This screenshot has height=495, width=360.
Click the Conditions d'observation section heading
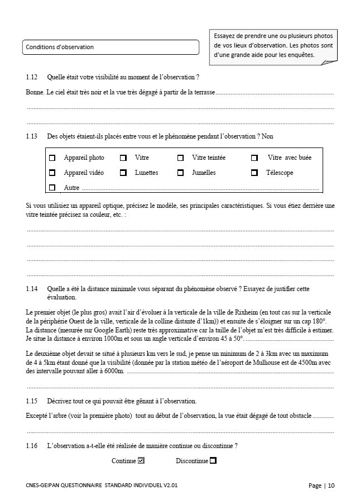(x=60, y=47)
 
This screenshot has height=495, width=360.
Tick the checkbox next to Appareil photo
(x=52, y=158)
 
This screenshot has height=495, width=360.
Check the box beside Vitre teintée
(x=180, y=158)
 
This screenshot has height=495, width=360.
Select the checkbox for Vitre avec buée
(x=254, y=158)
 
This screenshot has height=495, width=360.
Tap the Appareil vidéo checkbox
(x=52, y=173)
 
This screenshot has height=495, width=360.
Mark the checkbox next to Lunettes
(x=123, y=173)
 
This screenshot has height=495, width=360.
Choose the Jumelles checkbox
(x=180, y=173)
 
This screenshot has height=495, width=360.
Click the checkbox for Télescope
(x=254, y=173)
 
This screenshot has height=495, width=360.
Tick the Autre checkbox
(x=52, y=188)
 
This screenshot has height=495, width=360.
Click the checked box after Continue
(x=141, y=461)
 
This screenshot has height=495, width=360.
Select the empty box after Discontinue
(x=213, y=461)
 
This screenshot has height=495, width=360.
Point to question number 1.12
(x=32, y=77)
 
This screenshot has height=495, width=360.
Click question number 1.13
(x=32, y=136)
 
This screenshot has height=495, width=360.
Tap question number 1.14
(x=32, y=289)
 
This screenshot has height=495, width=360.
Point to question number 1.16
(x=32, y=446)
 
